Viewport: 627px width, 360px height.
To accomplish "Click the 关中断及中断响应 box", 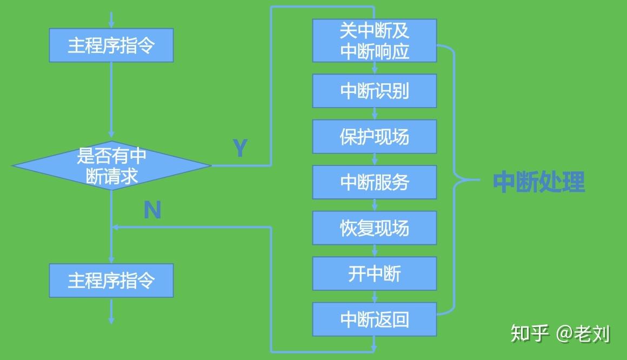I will coord(374,41).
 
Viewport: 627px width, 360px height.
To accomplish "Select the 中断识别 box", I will coord(374,91).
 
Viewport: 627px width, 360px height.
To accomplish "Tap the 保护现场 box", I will coord(374,137).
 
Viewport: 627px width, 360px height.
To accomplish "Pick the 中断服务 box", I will coord(374,182).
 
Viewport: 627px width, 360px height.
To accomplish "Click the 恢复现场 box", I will coord(374,228).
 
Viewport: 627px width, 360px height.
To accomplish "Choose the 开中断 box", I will coord(374,274).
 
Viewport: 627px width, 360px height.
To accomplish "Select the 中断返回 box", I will coord(374,319).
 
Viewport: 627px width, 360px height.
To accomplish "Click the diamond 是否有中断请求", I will coord(111,165).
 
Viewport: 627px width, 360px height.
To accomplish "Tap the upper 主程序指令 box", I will coord(111,45).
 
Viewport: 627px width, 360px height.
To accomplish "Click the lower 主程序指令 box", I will coord(111,280).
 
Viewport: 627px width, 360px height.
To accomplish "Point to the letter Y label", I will coord(240,148).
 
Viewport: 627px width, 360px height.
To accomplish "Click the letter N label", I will coord(152,210).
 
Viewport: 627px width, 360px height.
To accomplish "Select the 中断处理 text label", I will coord(538,183).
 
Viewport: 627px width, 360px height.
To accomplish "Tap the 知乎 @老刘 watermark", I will coord(560,334).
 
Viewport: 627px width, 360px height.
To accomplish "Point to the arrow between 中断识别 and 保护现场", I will coord(375,114).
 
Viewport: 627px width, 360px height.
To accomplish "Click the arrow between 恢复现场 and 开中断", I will coord(375,251).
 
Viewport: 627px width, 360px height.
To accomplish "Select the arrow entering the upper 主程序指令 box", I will coord(111,19).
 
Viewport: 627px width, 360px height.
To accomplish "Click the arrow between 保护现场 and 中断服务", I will coord(375,159).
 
